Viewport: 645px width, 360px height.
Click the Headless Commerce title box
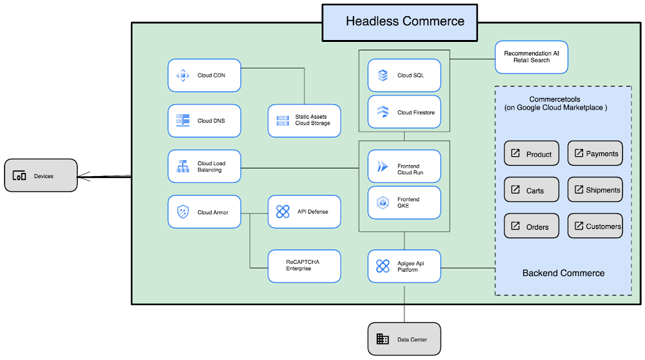tap(400, 21)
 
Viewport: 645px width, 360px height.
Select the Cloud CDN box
tap(204, 75)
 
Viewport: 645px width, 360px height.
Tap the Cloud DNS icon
tap(183, 121)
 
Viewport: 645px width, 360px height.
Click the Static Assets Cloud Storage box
tap(304, 121)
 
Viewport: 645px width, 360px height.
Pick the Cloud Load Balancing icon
tap(183, 166)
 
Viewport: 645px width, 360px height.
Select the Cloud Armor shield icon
tap(183, 212)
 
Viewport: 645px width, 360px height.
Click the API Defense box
tap(304, 212)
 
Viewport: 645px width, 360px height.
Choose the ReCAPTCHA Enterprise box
tap(304, 266)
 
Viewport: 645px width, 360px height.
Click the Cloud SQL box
tap(404, 75)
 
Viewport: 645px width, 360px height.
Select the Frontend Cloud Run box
tap(404, 166)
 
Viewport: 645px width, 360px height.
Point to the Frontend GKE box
tap(404, 203)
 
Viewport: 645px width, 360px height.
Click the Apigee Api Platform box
tap(404, 266)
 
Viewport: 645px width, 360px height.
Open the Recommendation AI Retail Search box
tap(531, 57)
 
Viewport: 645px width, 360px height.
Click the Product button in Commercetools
tap(531, 154)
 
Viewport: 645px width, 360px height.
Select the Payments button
tap(595, 154)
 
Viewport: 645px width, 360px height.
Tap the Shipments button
tap(595, 190)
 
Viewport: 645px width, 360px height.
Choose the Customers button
tap(595, 226)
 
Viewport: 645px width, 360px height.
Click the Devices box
tap(41, 175)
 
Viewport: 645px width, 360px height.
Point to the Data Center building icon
tap(383, 339)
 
